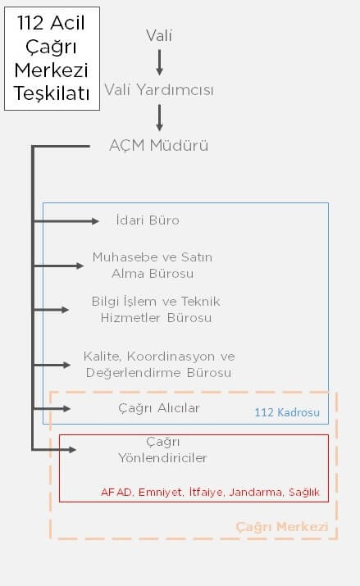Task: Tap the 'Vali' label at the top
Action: click(159, 36)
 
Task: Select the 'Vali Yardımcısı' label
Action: click(159, 90)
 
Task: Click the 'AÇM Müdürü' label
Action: click(159, 145)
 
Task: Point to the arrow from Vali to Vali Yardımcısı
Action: click(159, 62)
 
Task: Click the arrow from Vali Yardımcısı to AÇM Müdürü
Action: click(159, 118)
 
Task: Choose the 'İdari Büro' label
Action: click(148, 220)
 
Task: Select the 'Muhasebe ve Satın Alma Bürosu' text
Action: click(153, 266)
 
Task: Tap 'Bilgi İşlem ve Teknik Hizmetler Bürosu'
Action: click(156, 310)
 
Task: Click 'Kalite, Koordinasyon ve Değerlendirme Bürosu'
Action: click(159, 365)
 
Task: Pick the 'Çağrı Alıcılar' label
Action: click(159, 408)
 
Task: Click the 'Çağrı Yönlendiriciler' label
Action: click(162, 450)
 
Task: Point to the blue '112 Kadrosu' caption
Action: click(287, 412)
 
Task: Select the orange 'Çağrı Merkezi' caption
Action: click(282, 526)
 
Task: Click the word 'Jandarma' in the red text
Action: click(256, 492)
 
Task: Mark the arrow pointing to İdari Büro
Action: click(66, 221)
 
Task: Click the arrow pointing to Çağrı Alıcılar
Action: click(52, 408)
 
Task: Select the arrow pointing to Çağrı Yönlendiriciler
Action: click(55, 449)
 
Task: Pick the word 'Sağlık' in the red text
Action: click(304, 493)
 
